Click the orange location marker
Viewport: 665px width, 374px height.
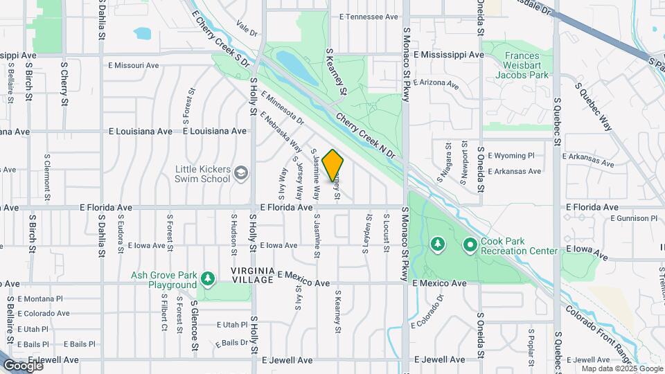(333, 165)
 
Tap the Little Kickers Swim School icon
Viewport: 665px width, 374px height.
(241, 172)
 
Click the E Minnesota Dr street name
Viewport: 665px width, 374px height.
(283, 109)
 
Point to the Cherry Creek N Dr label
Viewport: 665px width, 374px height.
(365, 134)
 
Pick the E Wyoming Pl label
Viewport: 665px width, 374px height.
(511, 157)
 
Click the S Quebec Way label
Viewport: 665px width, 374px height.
(594, 107)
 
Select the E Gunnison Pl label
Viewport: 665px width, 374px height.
(633, 219)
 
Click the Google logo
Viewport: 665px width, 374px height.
(22, 365)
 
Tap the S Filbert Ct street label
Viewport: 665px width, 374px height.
(164, 314)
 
